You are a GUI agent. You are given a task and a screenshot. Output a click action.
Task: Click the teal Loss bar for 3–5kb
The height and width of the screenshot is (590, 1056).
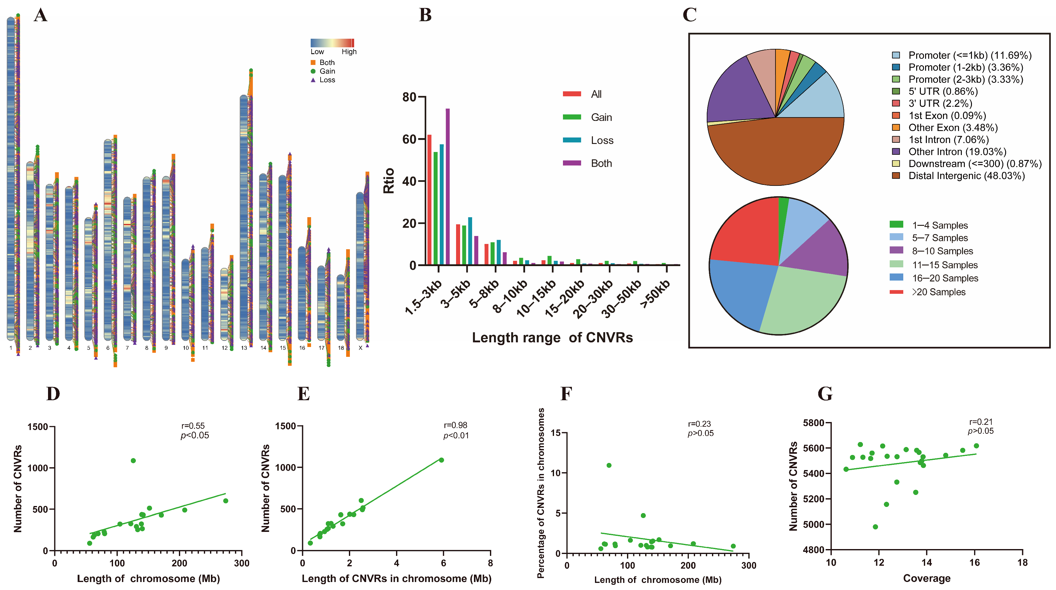coord(470,241)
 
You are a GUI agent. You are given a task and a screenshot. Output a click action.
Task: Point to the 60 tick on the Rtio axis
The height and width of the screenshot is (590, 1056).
coord(410,139)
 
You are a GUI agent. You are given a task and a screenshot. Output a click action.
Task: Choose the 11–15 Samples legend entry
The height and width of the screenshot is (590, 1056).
coord(944,265)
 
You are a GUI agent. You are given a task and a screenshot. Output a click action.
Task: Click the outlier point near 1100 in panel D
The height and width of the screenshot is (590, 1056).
coord(133,460)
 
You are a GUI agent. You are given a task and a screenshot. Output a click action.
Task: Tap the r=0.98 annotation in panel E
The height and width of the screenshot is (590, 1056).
coord(455,425)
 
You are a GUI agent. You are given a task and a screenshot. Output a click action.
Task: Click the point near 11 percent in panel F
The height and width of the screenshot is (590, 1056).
coord(609,465)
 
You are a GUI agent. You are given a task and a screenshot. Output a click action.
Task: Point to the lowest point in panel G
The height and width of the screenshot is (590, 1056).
coord(875,527)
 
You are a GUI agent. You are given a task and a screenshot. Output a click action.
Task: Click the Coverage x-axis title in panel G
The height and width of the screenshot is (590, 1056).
coord(926,578)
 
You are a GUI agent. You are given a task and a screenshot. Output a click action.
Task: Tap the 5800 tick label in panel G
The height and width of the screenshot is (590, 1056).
coord(813,423)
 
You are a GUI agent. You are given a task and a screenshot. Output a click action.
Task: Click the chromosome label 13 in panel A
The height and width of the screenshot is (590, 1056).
coord(244,348)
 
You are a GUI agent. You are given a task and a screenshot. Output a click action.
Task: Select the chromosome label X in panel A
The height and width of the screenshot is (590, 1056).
coord(360,348)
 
